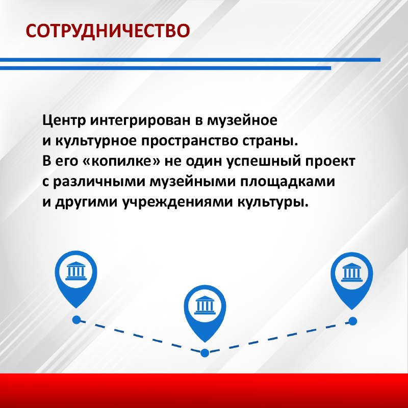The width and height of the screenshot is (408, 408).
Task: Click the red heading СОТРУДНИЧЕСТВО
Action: click(108, 31)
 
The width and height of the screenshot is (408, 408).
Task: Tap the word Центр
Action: click(64, 121)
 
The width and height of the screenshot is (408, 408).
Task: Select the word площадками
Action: click(287, 182)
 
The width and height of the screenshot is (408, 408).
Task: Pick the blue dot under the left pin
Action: click(76, 320)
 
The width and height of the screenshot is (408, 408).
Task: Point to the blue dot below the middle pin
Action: click(205, 353)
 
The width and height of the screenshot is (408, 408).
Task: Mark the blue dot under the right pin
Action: click(352, 321)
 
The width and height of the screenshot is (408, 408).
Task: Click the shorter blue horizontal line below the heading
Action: click(165, 68)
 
